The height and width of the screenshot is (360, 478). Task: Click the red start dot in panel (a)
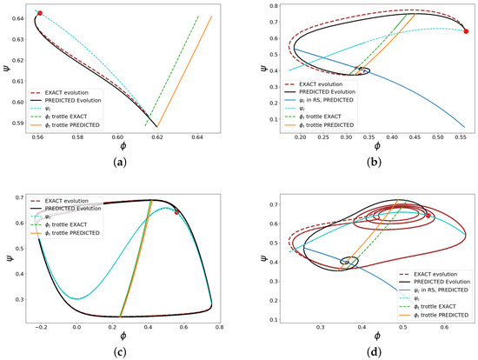click(40, 14)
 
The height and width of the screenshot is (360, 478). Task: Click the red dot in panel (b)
click(467, 31)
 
